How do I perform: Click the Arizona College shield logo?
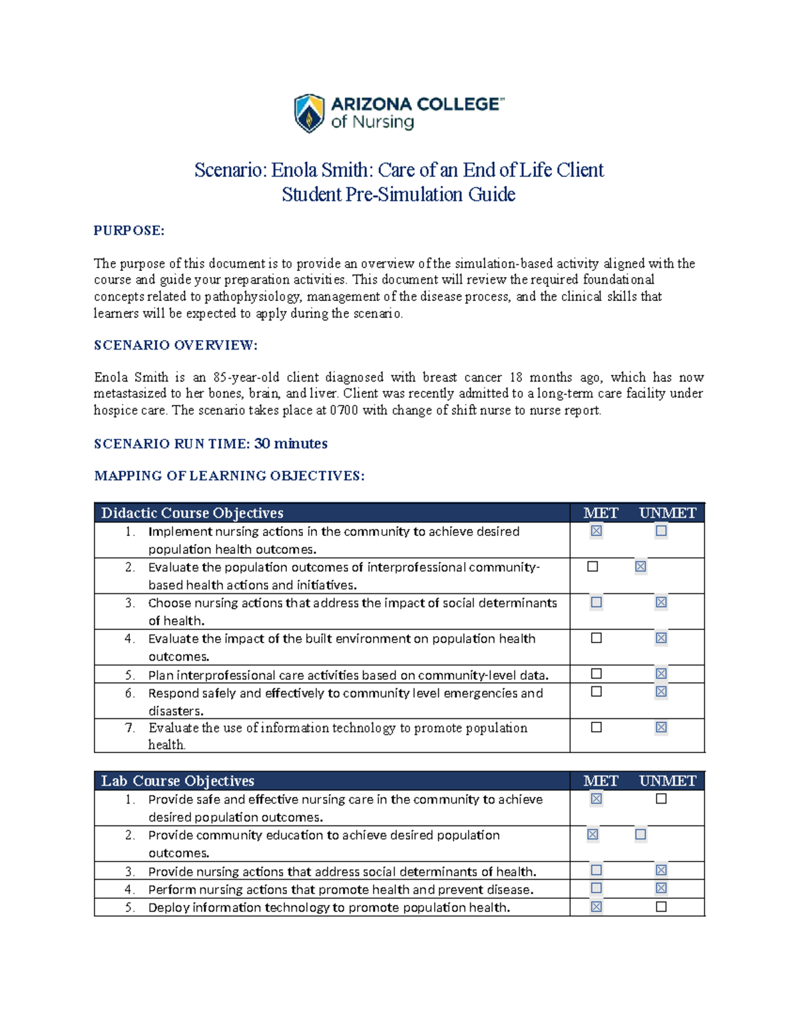pos(309,113)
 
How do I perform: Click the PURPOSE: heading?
pos(129,230)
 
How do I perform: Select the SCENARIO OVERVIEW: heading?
pos(175,345)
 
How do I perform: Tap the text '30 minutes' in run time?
pos(291,443)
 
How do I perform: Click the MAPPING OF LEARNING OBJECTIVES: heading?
pos(229,475)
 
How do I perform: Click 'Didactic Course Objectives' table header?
pos(192,513)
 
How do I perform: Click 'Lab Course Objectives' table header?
pos(177,780)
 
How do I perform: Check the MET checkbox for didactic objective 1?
pos(596,531)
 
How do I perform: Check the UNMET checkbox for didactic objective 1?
pos(661,531)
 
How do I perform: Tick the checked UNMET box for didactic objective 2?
pos(640,567)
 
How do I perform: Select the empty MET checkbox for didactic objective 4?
pos(596,638)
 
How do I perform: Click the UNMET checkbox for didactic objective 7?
pos(661,727)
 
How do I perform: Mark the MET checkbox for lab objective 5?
pos(596,906)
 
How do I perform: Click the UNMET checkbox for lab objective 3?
pos(661,870)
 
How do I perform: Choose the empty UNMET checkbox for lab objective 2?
pos(640,834)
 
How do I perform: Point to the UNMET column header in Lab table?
pos(667,780)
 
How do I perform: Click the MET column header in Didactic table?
pos(601,513)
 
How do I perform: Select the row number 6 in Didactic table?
pos(130,693)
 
